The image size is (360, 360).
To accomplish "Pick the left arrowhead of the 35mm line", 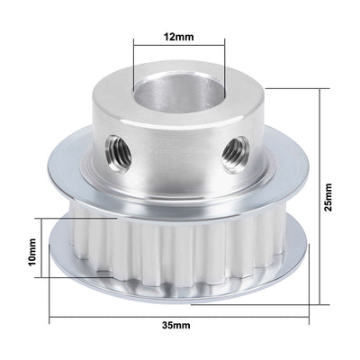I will [50, 315].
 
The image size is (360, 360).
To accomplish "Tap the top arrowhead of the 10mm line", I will [43, 219].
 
